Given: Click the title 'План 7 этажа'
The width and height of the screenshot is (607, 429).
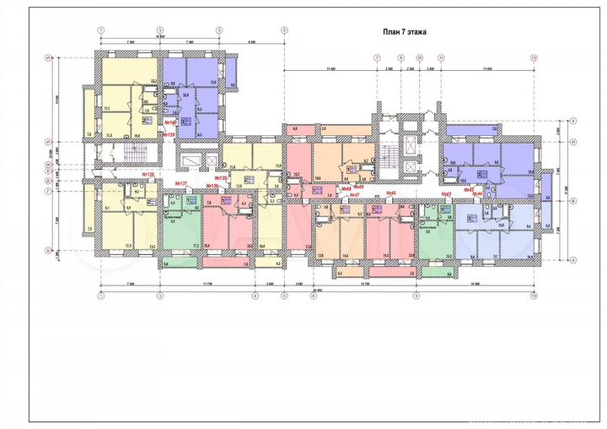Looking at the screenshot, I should (x=405, y=31).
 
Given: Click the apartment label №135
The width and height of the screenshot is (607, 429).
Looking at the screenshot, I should (x=223, y=178).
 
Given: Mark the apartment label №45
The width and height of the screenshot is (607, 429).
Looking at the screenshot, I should (x=447, y=193).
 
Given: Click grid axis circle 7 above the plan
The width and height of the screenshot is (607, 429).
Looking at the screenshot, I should (x=376, y=57).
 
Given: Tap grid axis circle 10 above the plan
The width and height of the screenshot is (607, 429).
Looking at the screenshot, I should (x=419, y=57).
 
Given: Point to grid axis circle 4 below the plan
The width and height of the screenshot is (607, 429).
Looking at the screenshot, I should (x=255, y=296).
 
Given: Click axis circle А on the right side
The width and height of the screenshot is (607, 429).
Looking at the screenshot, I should (x=572, y=260).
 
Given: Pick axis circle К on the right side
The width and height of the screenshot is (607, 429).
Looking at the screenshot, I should (x=572, y=121).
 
